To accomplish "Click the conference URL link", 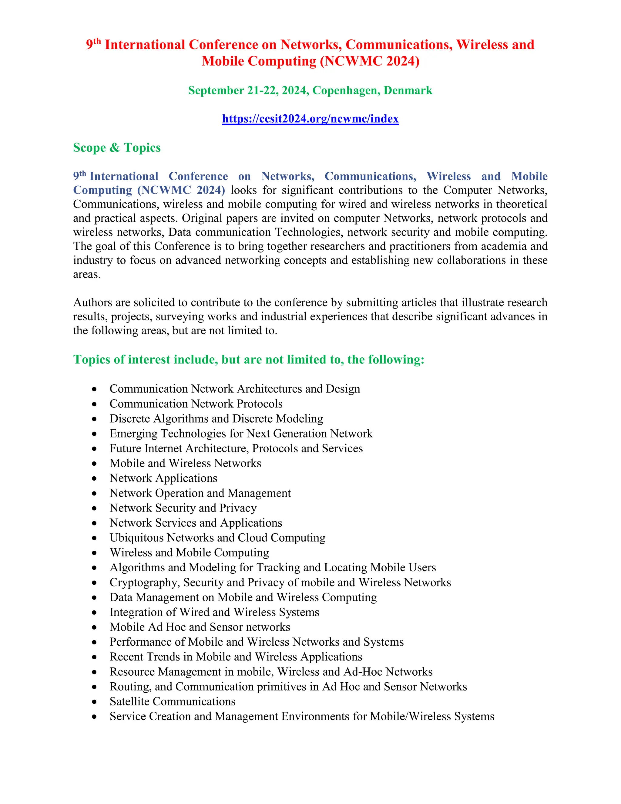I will [310, 119].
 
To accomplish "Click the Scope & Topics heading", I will [117, 148].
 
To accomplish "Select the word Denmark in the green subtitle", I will [408, 90].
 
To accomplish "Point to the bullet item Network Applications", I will [163, 478].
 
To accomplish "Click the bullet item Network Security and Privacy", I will [183, 508].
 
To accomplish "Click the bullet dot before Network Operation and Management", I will [95, 493].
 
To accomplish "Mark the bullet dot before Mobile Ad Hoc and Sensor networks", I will [95, 627].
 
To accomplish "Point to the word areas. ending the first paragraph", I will [87, 274].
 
